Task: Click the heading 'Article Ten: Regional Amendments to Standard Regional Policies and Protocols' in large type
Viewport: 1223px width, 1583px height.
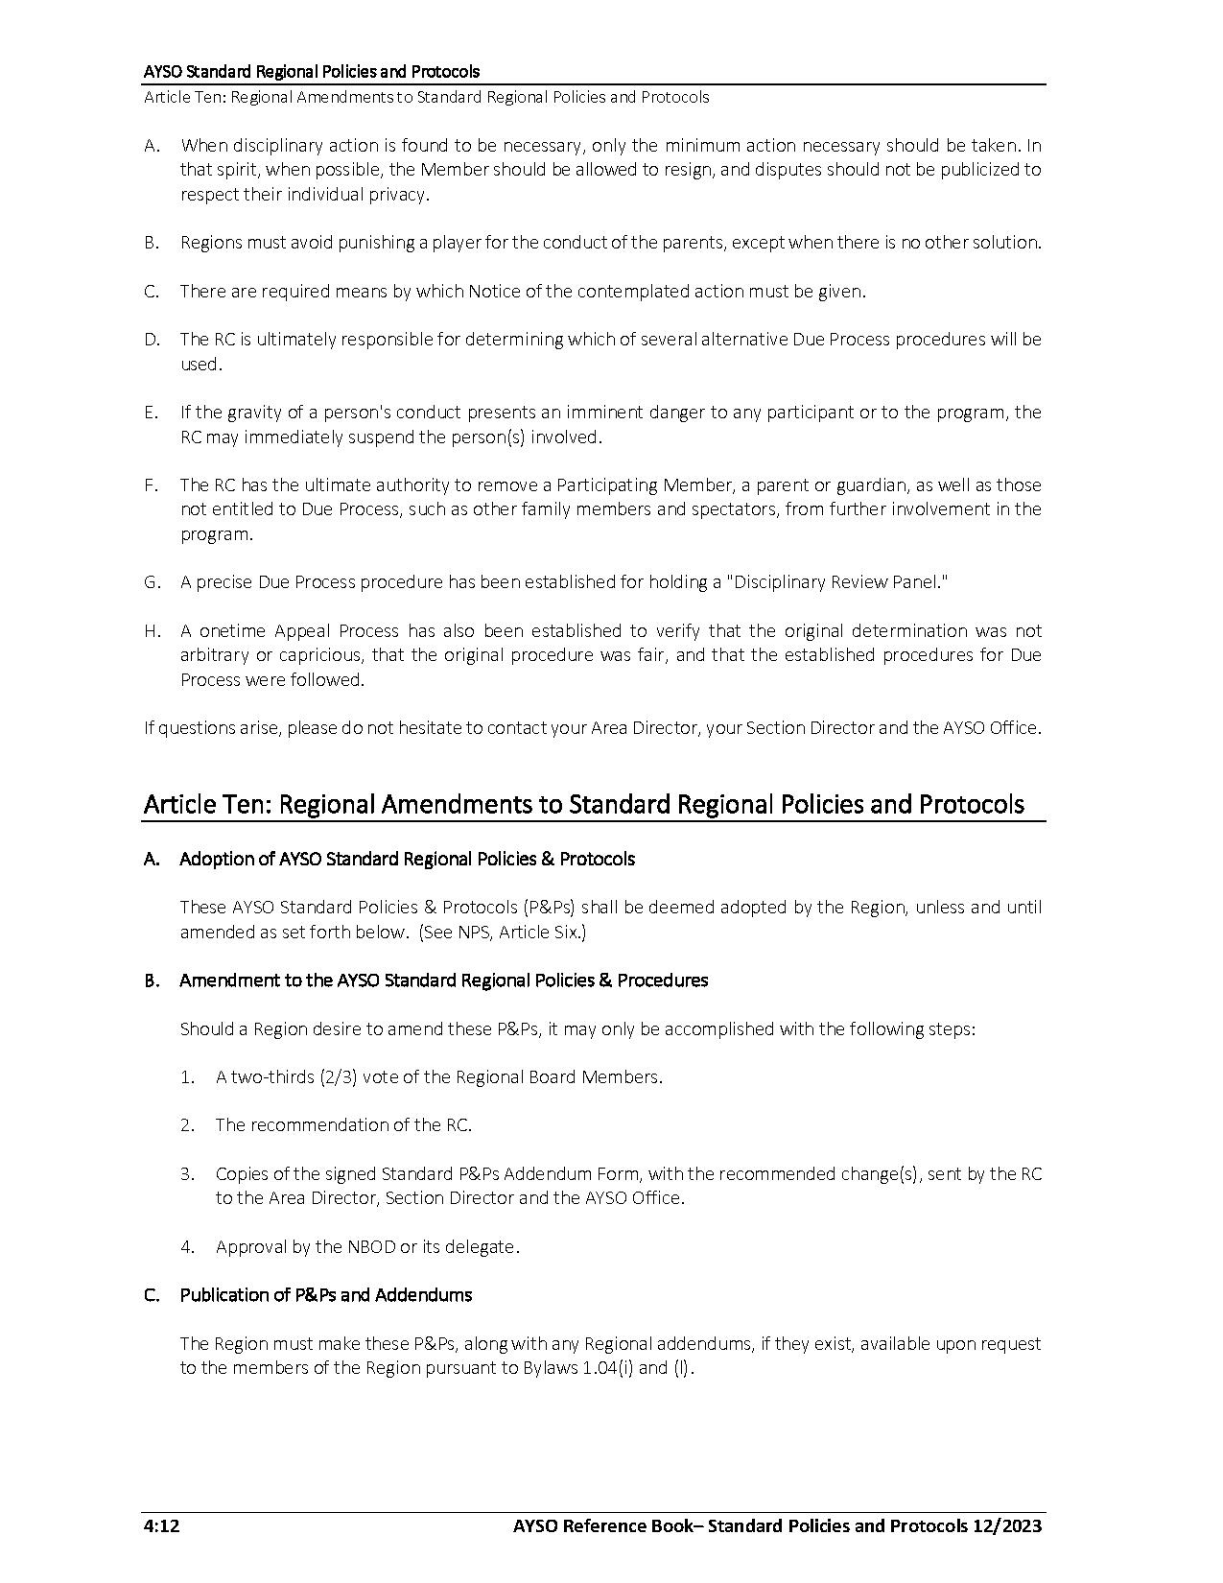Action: coord(583,804)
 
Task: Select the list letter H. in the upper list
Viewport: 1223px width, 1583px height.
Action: coord(152,631)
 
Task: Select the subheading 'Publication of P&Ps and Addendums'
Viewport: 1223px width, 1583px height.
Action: coord(325,1295)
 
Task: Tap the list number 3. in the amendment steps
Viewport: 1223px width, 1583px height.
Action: coord(187,1174)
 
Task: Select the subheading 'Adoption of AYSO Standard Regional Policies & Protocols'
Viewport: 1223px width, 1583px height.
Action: coord(407,859)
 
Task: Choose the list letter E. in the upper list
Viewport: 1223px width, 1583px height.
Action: coord(152,413)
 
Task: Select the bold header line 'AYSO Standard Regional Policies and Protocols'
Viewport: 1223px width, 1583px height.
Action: coord(312,72)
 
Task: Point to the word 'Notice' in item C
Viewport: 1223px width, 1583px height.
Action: coord(494,292)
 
